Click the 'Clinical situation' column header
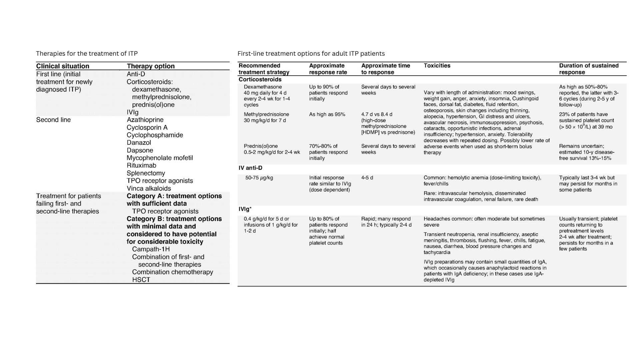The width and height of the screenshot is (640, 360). (63, 66)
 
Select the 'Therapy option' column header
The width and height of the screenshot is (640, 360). (151, 66)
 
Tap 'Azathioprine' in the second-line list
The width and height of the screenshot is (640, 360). (145, 120)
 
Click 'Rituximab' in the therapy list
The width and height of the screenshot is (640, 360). (141, 165)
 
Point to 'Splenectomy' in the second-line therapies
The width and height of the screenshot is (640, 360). (146, 173)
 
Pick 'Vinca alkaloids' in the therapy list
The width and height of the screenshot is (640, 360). (149, 188)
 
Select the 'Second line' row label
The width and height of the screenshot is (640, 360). (53, 120)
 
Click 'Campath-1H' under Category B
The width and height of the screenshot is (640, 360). (151, 249)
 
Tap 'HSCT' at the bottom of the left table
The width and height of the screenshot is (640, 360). (141, 280)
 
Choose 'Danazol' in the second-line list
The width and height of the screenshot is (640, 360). (139, 143)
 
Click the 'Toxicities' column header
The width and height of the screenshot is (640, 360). (437, 66)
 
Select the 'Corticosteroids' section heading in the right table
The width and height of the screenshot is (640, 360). (260, 79)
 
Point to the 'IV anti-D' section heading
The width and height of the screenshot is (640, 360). (250, 168)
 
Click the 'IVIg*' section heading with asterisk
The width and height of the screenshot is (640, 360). (245, 209)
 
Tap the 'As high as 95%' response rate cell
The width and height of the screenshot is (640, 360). (327, 114)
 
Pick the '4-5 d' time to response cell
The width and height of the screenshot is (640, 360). (367, 178)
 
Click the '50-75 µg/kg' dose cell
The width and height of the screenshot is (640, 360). (259, 178)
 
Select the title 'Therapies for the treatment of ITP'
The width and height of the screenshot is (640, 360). (87, 53)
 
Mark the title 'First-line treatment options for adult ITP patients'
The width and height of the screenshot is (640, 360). (311, 53)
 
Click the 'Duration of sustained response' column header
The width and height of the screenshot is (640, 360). (589, 69)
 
